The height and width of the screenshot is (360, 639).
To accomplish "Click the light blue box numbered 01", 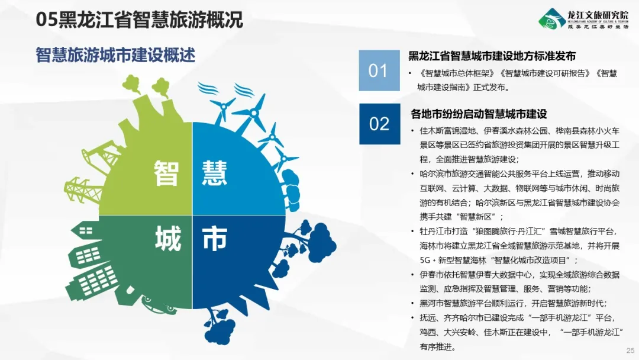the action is (379, 70).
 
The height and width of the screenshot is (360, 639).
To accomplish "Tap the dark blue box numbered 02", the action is (379, 124).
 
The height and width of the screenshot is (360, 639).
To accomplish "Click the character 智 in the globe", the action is (166, 173).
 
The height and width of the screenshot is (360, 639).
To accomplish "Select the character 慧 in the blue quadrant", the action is (214, 173).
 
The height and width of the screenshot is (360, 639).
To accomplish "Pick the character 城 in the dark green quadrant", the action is (167, 239).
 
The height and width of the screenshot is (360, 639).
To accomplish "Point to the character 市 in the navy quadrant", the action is (215, 239).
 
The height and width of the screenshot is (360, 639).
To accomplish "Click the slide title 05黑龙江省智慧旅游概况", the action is (140, 20).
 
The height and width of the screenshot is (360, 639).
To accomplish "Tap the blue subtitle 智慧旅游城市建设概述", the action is (115, 55).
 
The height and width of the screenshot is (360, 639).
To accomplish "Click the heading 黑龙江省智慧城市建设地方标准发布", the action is (492, 56).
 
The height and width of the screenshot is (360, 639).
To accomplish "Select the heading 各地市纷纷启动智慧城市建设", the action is (479, 114).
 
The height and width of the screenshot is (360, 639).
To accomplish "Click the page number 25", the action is (630, 350).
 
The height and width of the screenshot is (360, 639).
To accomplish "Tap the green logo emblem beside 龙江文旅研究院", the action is (552, 19).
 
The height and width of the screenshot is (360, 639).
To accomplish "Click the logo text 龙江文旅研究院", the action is (598, 15).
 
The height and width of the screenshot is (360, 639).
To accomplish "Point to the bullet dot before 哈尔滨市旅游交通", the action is (412, 174).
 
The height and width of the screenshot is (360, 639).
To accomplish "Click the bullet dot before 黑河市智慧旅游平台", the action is (412, 304).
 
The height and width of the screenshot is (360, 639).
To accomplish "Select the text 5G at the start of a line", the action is (425, 260).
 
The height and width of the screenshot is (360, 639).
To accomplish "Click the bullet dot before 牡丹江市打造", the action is (412, 232).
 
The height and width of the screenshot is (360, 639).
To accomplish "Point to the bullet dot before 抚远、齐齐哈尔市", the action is (412, 318).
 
